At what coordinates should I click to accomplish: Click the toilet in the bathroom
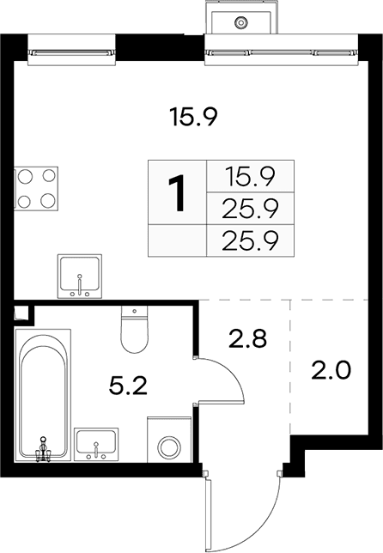pos(134,329)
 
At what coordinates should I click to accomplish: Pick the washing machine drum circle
pos(169,447)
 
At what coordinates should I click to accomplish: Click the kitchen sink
pos(79,276)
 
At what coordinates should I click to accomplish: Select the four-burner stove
pos(36,189)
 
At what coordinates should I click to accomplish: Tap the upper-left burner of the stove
pos(26,176)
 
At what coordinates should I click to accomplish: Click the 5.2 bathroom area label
pos(128,386)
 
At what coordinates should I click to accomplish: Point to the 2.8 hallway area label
pos(247,339)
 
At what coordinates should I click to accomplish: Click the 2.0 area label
pos(331,370)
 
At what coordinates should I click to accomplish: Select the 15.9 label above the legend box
pos(193,117)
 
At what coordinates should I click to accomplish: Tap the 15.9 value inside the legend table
pos(251,176)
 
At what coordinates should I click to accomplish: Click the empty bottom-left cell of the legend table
pos(177,240)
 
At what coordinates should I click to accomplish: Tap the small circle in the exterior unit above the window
pos(240,23)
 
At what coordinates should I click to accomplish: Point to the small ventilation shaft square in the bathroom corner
pos(21,313)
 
